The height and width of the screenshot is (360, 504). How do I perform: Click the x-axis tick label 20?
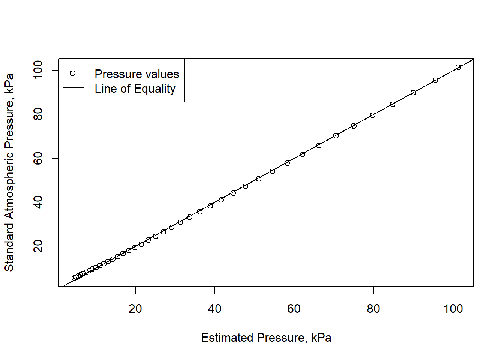tap(135, 309)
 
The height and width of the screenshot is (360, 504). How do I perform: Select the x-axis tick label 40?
tap(214, 309)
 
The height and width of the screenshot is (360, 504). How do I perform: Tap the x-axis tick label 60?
tap(294, 309)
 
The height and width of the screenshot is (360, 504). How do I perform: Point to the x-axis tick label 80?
tap(373, 309)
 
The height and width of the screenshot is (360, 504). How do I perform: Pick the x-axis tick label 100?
tap(453, 309)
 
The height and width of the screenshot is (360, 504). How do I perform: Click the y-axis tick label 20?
tap(38, 246)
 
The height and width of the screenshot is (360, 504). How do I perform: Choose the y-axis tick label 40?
tap(38, 202)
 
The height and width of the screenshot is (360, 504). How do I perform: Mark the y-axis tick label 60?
tap(38, 158)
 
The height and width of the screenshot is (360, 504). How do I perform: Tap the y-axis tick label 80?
tap(38, 114)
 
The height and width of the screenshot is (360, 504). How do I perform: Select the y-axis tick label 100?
tap(38, 70)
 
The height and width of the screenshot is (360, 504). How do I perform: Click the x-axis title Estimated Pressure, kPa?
tap(266, 337)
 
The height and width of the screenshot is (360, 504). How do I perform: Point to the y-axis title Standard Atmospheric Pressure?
tap(9, 172)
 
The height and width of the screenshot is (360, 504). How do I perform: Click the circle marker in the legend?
tap(73, 73)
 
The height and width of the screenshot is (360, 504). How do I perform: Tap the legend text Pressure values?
tap(136, 74)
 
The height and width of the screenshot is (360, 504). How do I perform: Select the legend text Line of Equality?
tap(135, 88)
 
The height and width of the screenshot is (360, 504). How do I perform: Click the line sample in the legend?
tap(73, 88)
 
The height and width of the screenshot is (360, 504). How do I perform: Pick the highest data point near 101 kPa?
tap(458, 67)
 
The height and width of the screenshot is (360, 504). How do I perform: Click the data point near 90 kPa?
tap(413, 93)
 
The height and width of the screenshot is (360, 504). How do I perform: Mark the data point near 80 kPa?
tap(373, 115)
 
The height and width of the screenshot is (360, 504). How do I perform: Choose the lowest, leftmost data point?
tap(74, 278)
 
